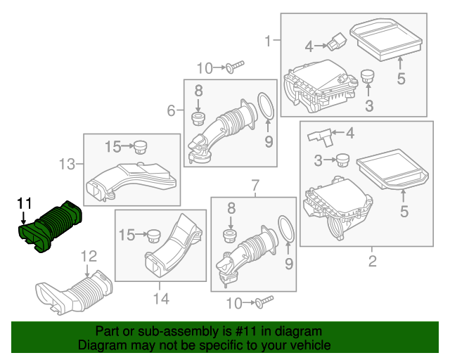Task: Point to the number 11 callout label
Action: point(25,203)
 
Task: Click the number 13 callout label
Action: point(67,165)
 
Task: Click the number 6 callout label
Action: point(171,110)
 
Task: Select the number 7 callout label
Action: point(254,185)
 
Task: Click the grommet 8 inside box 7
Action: point(228,233)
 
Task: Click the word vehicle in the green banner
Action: point(308,346)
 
